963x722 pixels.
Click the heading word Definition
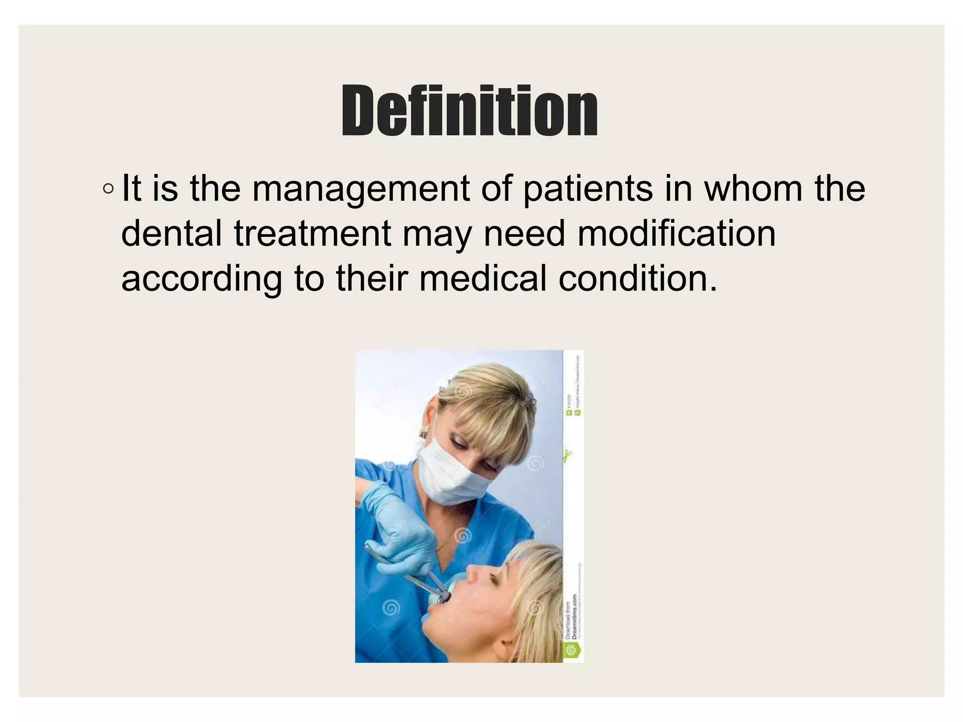click(x=469, y=111)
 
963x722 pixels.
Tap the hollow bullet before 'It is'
click(x=108, y=189)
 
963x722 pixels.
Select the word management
click(x=361, y=189)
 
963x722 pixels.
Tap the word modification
click(x=677, y=234)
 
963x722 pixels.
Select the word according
click(x=202, y=279)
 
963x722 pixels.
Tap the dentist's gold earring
click(x=424, y=430)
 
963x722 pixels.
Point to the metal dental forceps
click(x=414, y=578)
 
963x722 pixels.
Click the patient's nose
click(x=474, y=572)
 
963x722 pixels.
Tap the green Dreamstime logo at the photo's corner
click(x=573, y=651)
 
